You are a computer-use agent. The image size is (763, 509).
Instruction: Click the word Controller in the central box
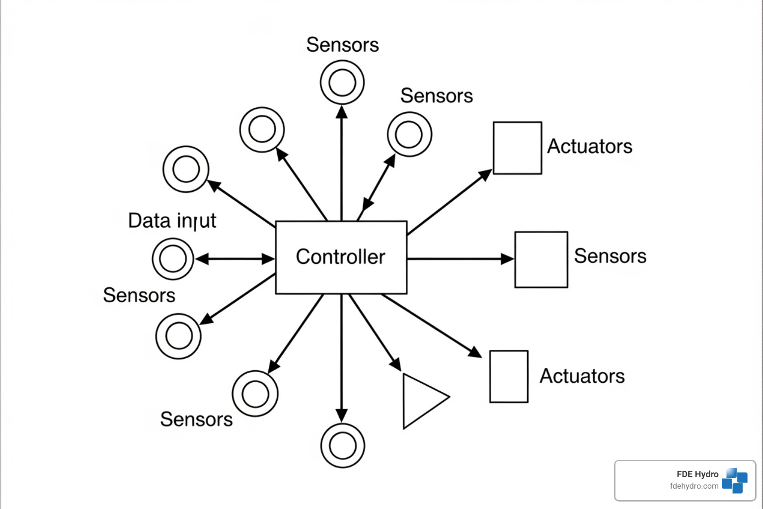coord(340,257)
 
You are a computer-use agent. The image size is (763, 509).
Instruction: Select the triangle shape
coord(420,400)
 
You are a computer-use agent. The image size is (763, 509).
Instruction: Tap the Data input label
coord(172,221)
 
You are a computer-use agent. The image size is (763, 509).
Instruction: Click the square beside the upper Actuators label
coord(517,148)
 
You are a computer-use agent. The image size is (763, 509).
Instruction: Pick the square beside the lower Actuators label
coord(509,376)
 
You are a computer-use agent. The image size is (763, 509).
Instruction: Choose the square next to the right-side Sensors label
coord(541,259)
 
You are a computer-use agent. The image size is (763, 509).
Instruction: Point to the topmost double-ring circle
coord(342,83)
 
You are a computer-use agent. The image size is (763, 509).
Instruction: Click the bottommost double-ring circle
coord(342,445)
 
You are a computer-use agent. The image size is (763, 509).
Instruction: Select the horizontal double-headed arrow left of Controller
coord(234,259)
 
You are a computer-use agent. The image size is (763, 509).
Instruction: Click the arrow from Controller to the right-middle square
coord(459,259)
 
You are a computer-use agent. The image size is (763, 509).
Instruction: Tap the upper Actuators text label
coord(590,147)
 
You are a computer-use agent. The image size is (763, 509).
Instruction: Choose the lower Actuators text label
coord(582,376)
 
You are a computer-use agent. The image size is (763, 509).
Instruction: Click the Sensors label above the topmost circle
coord(342,45)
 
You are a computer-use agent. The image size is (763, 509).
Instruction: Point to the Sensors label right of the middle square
coord(610,256)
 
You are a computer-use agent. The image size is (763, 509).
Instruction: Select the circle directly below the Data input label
coord(173,259)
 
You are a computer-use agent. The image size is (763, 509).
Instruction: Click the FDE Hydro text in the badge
coord(697,474)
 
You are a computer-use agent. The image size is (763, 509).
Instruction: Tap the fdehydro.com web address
coord(694,486)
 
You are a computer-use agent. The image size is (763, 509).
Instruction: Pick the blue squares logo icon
coord(735,480)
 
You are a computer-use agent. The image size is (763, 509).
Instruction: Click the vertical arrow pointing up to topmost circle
coord(341,164)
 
